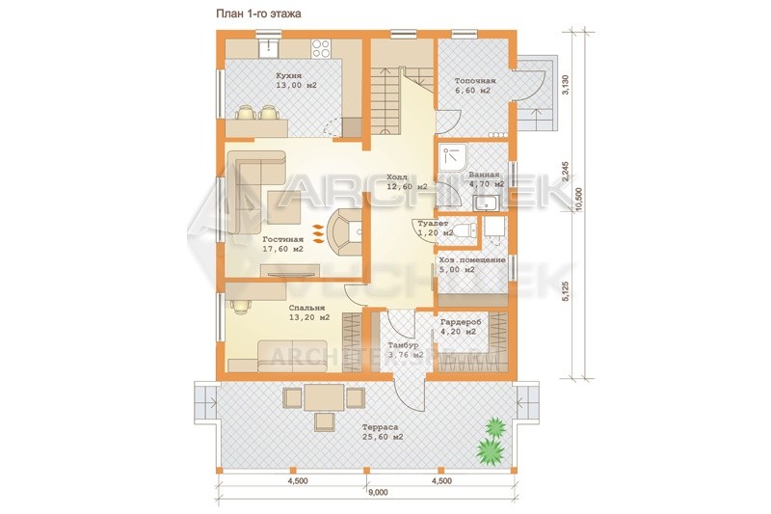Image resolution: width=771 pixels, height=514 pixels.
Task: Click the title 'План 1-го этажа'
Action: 258,14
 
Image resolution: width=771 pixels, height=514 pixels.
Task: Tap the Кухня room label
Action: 288,76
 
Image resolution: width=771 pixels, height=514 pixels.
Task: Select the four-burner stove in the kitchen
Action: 321,47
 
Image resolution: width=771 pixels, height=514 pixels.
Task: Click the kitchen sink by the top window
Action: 269,47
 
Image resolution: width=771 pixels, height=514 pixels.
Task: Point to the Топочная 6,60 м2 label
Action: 475,86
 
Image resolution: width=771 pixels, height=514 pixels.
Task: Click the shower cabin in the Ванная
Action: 453,156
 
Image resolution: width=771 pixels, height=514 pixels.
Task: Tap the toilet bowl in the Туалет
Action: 464,230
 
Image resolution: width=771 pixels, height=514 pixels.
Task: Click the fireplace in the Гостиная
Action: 347,231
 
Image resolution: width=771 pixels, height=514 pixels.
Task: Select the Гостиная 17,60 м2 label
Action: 283,244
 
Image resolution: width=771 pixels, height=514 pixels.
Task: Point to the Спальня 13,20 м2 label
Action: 309,312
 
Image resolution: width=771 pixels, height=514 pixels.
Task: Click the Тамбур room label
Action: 403,346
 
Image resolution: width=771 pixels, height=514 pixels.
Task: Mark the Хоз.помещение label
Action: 472,260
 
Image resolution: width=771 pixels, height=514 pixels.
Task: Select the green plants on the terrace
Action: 492,442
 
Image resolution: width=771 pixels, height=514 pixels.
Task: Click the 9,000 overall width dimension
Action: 378,493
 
